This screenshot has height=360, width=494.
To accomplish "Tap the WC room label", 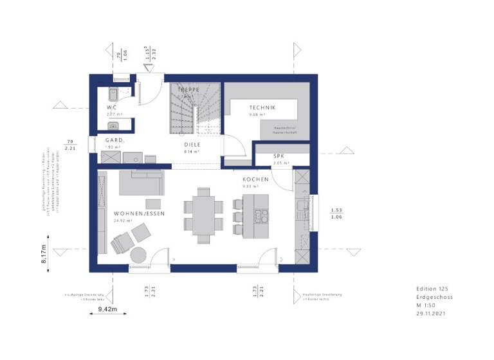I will pyautogui.click(x=111, y=107).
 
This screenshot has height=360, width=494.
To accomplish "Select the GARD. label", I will pyautogui.click(x=115, y=139).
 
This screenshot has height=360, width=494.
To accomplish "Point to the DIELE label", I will pyautogui.click(x=192, y=145).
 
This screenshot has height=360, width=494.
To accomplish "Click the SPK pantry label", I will pyautogui.click(x=279, y=156).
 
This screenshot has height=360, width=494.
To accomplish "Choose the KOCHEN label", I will pyautogui.click(x=255, y=179).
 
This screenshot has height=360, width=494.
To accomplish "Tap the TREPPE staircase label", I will pyautogui.click(x=188, y=89).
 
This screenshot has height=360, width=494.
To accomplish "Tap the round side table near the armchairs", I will pyautogui.click(x=140, y=255).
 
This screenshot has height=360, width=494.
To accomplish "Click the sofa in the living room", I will pyautogui.click(x=140, y=183).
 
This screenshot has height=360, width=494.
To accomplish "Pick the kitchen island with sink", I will pyautogui.click(x=260, y=216).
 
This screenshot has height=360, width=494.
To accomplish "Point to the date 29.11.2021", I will pyautogui.click(x=430, y=314).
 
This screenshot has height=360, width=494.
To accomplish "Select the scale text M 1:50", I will pyautogui.click(x=426, y=306).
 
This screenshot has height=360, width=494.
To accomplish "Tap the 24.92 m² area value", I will pyautogui.click(x=125, y=221).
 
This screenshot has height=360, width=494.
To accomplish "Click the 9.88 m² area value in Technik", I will pyautogui.click(x=258, y=115).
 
